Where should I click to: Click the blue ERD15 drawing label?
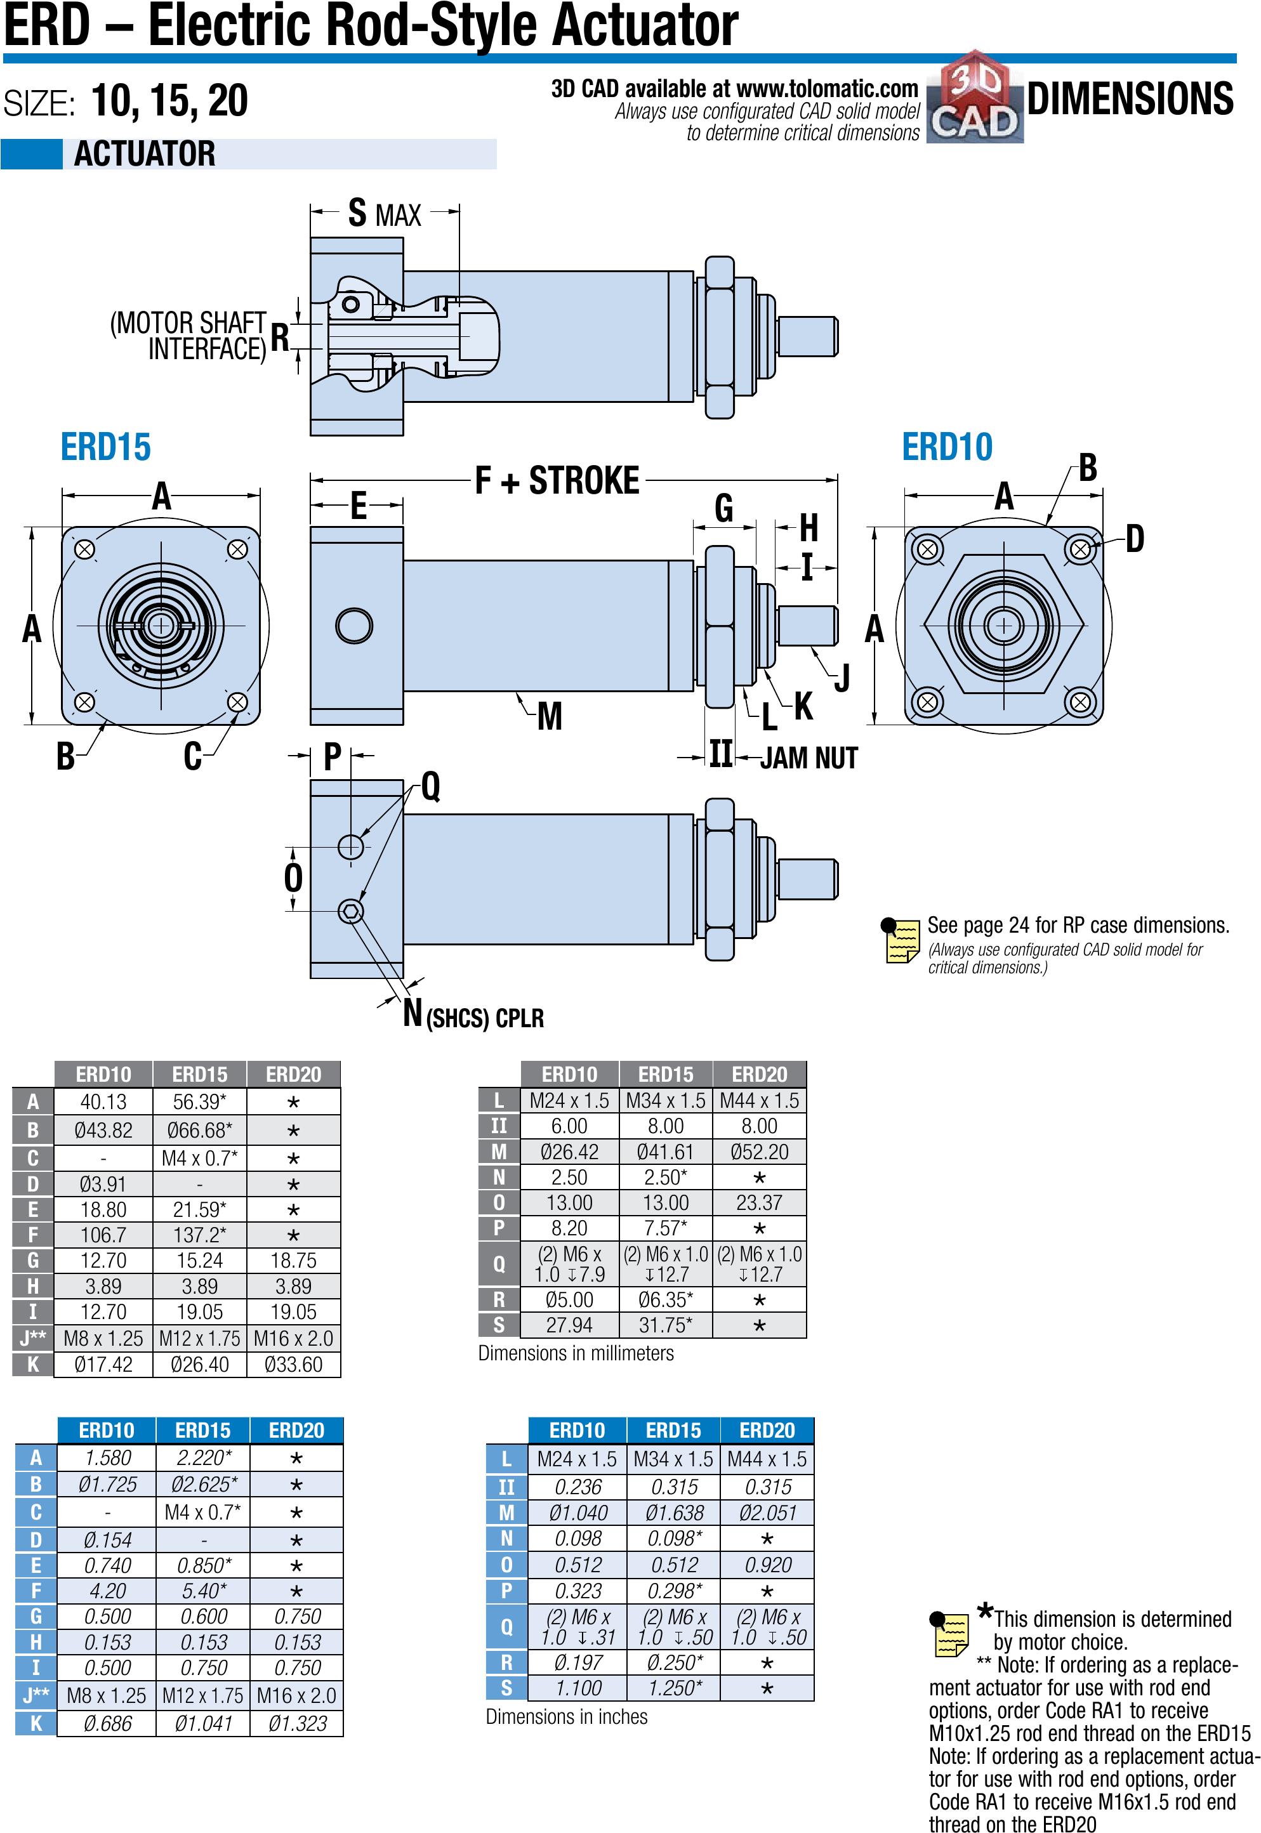(105, 447)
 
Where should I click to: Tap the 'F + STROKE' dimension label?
(557, 481)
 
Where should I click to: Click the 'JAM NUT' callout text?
(809, 758)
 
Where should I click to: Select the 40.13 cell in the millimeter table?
(103, 1101)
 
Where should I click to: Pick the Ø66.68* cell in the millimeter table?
(199, 1130)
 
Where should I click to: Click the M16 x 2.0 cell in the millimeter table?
(293, 1339)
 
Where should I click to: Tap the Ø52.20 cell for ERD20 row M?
(759, 1152)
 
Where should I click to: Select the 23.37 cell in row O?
(759, 1203)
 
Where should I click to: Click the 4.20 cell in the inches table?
(107, 1591)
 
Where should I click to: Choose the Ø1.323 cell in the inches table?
(296, 1723)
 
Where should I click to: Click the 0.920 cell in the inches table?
(767, 1565)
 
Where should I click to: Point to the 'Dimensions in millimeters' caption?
(576, 1353)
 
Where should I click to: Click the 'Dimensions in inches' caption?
(567, 1717)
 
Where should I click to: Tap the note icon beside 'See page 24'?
(900, 940)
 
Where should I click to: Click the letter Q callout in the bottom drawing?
(431, 787)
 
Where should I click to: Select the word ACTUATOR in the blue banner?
(145, 154)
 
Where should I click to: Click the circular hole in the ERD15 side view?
(354, 626)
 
